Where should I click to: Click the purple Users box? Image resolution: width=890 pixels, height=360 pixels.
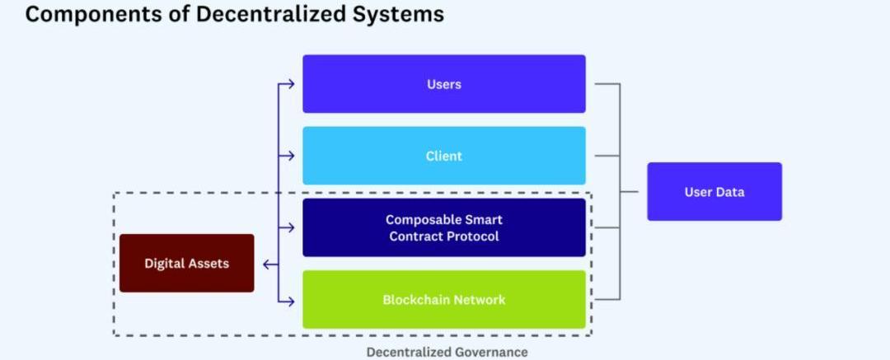[x=443, y=84]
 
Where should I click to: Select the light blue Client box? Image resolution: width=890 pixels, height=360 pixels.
[x=443, y=156]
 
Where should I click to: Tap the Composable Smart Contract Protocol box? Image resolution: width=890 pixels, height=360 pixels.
[x=443, y=227]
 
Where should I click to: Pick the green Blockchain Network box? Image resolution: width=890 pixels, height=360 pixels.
[x=443, y=300]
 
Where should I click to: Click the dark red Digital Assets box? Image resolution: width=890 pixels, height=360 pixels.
[x=186, y=264]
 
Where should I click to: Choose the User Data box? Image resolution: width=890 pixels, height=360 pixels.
[x=714, y=192]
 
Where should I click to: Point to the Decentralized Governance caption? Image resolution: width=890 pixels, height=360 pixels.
[x=447, y=352]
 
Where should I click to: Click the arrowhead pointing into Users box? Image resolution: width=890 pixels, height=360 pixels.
[x=290, y=84]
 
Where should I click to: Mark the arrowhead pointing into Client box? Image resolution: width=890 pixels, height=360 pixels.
[x=290, y=156]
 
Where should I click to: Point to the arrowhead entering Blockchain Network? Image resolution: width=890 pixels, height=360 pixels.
[x=290, y=300]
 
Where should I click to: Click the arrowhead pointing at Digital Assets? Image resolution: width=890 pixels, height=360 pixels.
[x=266, y=264]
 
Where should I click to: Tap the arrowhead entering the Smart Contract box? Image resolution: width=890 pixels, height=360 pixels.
[x=290, y=227]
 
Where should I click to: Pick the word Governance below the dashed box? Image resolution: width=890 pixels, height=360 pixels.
[x=489, y=352]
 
